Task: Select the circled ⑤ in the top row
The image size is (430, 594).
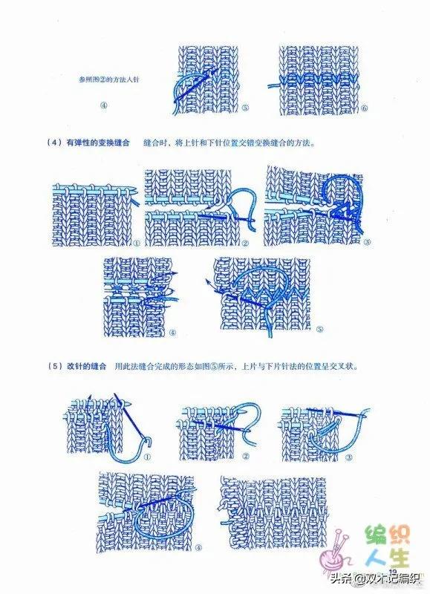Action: [x=245, y=108]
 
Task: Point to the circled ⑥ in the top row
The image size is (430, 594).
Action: [x=364, y=108]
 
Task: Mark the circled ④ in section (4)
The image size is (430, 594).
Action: [x=172, y=332]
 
